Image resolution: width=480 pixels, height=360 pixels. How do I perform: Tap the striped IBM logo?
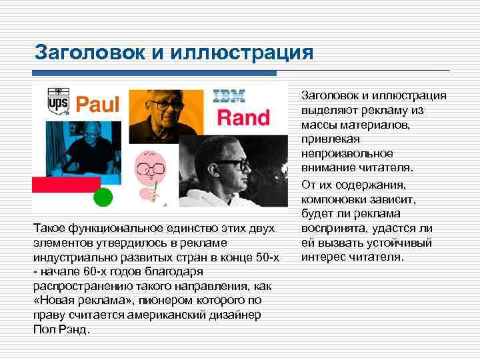pyautogui.click(x=229, y=96)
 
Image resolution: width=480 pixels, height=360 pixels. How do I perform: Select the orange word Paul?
pyautogui.click(x=97, y=104)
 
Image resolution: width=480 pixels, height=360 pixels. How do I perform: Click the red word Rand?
pyautogui.click(x=244, y=118)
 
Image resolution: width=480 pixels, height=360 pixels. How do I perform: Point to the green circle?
pyautogui.click(x=103, y=197)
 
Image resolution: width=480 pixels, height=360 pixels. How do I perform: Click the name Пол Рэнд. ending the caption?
pyautogui.click(x=61, y=329)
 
